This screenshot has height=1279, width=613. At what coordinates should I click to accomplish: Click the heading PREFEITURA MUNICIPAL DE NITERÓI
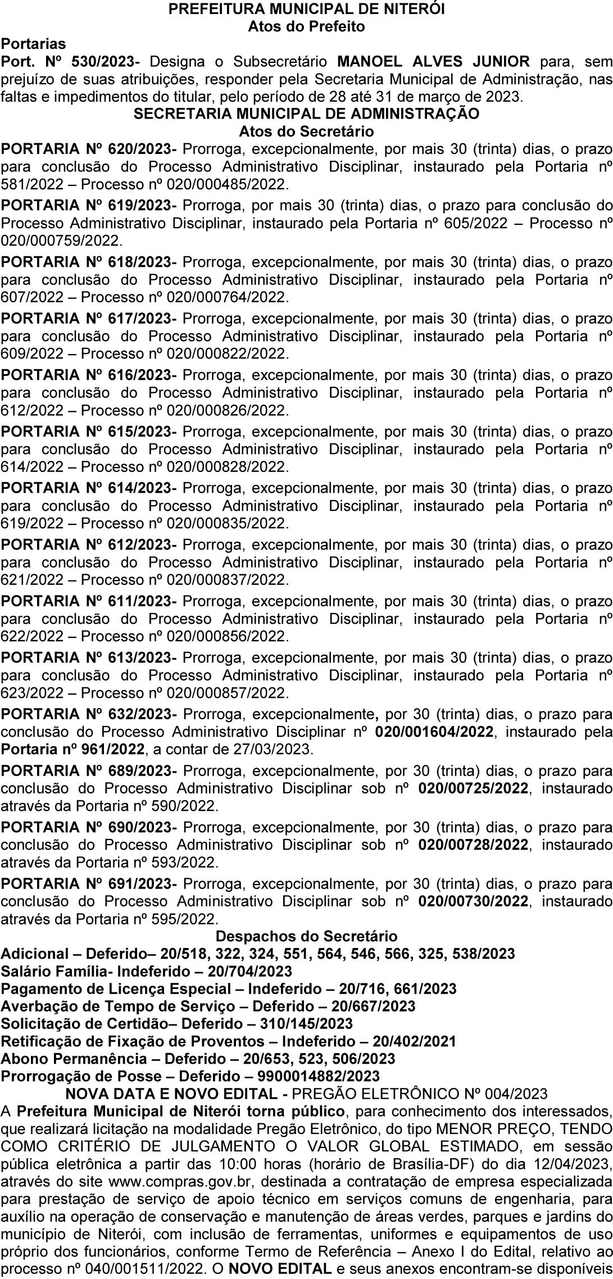coord(306,9)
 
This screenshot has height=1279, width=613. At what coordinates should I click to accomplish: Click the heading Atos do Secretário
coord(306,131)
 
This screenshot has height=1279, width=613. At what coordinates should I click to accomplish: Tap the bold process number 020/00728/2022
coord(473,845)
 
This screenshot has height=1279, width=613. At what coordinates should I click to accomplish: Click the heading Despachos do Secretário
coord(306,936)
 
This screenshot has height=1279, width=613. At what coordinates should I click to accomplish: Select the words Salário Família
coord(55,971)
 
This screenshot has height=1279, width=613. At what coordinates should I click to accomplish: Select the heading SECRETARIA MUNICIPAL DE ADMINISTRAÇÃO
coord(306,114)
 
